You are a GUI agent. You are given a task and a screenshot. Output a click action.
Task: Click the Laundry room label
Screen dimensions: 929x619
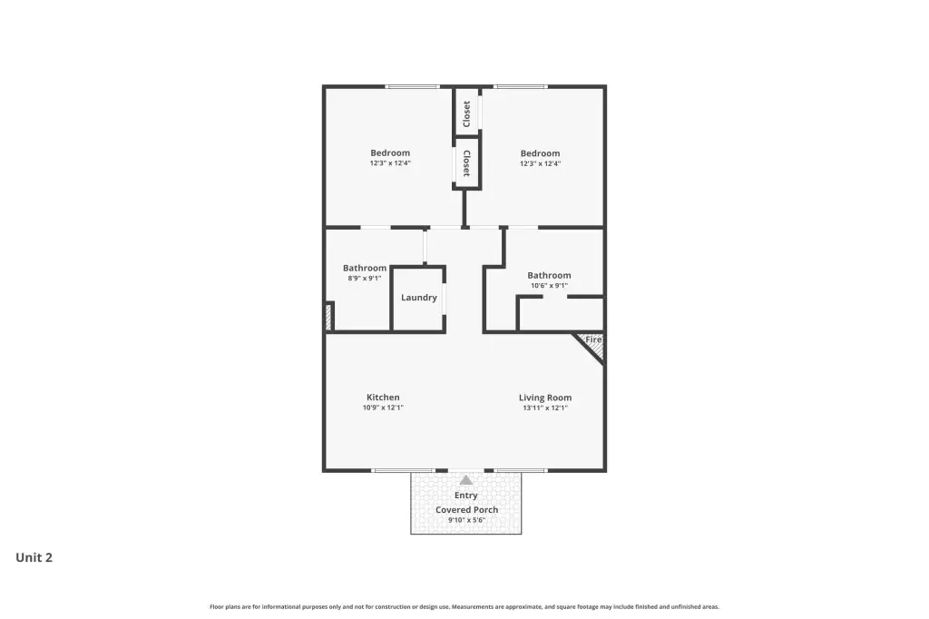419,298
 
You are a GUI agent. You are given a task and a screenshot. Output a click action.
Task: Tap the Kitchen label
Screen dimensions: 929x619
383,398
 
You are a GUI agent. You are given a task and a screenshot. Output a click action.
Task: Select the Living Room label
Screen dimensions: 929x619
545,398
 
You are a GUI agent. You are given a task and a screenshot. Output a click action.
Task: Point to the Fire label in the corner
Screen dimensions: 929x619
593,339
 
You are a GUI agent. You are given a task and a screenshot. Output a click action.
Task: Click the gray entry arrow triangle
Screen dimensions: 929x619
466,480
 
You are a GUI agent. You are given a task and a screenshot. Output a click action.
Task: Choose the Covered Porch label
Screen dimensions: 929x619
467,510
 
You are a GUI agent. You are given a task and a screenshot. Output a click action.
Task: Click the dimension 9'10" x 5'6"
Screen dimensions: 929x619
467,520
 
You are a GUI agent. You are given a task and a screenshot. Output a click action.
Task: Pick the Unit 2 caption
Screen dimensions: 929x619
34,557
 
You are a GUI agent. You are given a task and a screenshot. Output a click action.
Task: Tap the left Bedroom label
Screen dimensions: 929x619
390,153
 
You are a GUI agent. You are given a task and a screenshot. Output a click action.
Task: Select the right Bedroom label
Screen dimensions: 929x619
540,153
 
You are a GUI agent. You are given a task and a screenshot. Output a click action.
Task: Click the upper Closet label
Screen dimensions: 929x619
467,113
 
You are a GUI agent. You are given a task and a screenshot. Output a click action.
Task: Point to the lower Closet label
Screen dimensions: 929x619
467,163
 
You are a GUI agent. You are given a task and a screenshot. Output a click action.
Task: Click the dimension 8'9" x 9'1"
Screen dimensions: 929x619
365,278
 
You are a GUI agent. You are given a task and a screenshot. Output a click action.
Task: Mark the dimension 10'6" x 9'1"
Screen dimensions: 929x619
549,286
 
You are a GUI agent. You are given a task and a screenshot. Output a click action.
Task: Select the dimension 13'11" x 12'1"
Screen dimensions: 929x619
545,408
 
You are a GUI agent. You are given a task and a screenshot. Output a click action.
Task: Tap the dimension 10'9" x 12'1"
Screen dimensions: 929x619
383,408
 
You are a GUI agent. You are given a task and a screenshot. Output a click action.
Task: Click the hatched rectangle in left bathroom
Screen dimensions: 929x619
328,317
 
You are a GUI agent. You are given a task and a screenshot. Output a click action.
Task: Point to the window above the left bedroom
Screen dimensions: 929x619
412,87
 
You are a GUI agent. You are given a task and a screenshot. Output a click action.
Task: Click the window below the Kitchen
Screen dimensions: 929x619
403,471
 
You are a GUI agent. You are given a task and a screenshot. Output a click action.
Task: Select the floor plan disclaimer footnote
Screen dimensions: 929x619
464,606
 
